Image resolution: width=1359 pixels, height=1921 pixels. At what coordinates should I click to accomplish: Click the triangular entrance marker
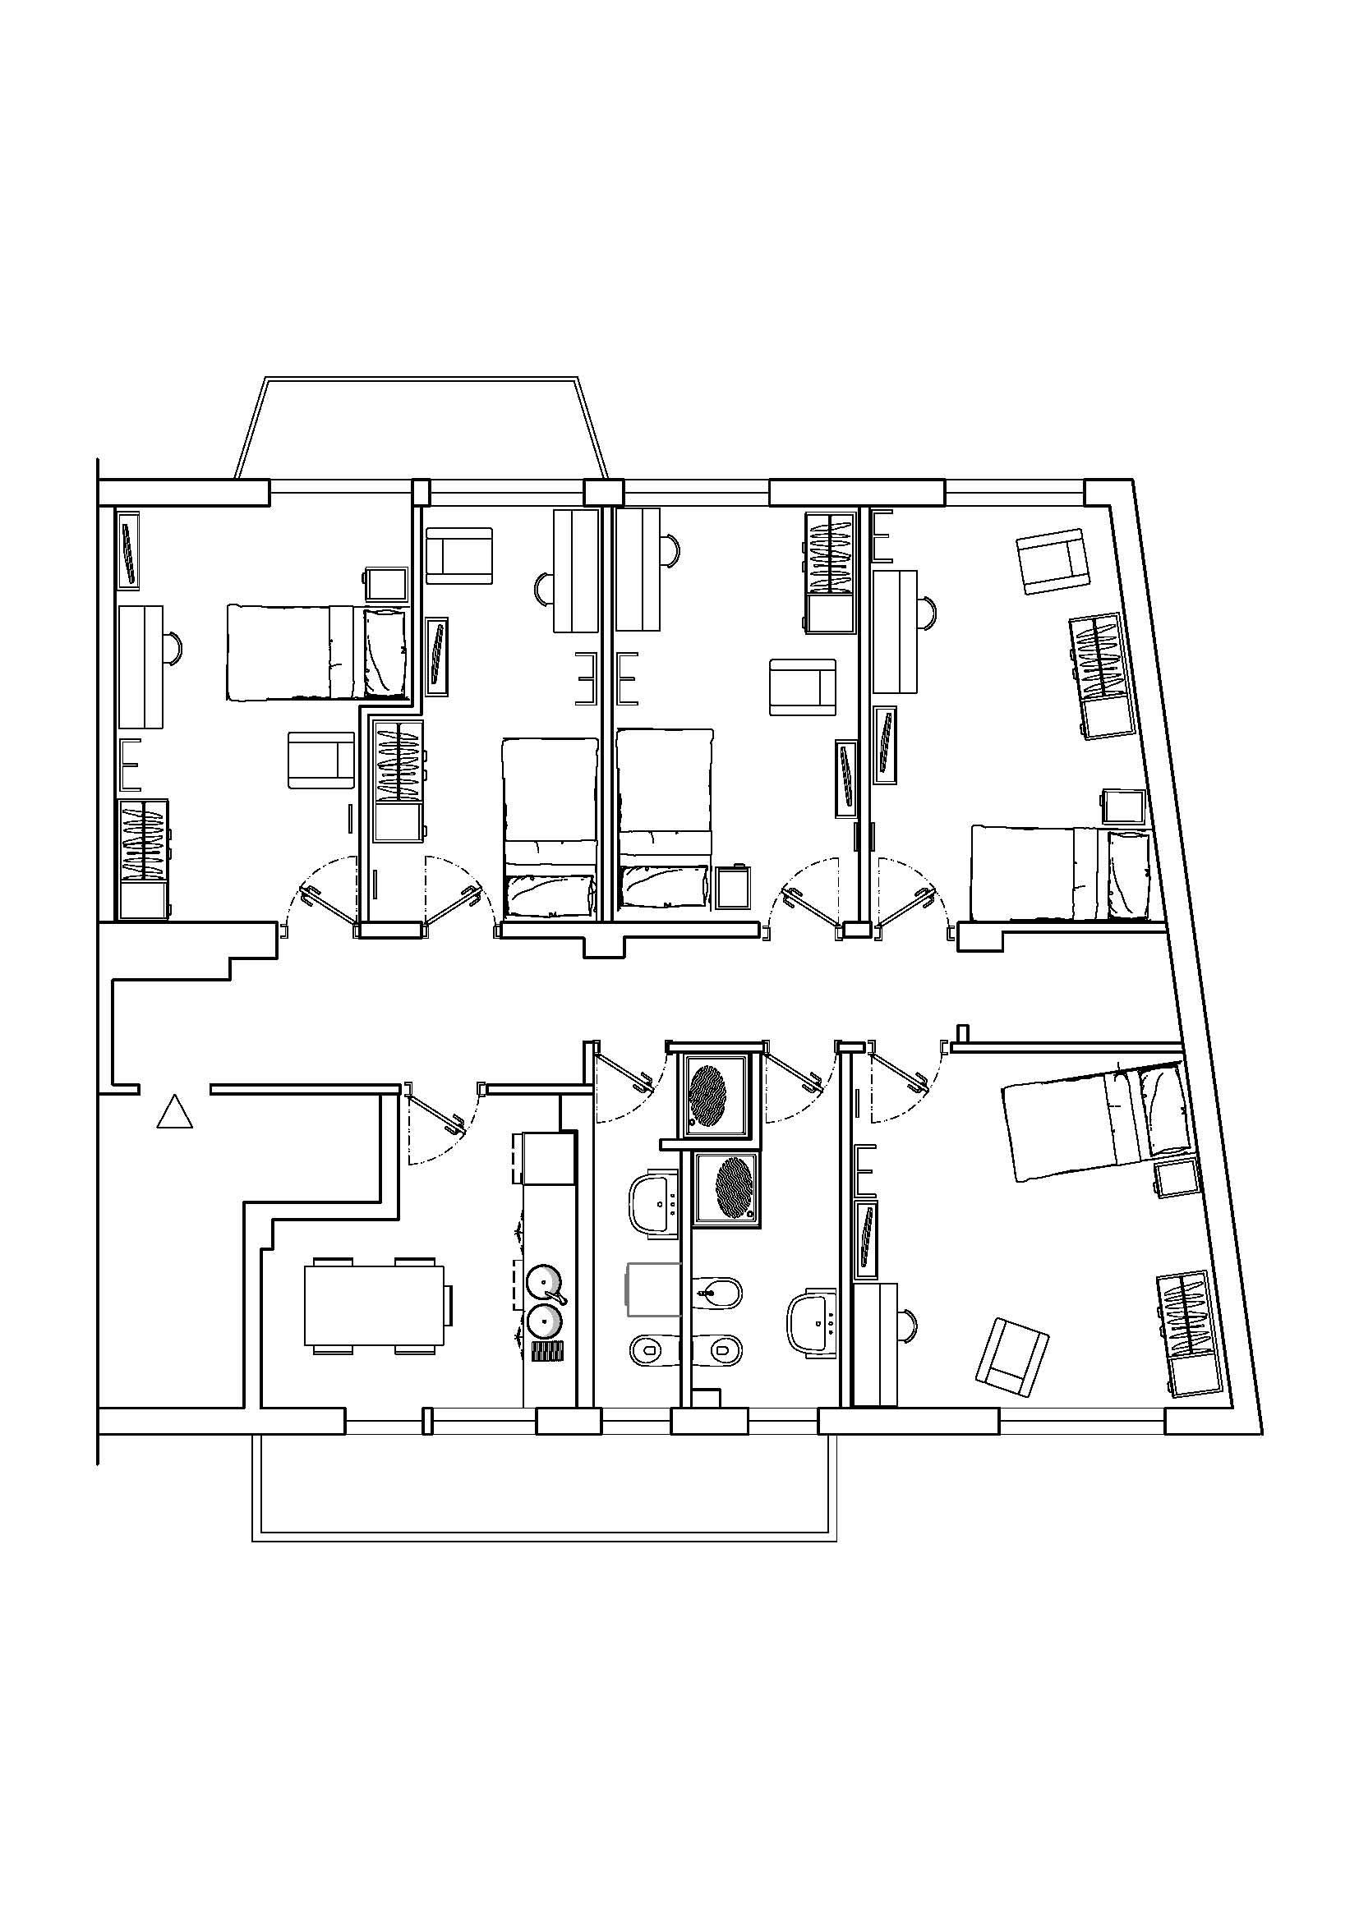pos(175,1112)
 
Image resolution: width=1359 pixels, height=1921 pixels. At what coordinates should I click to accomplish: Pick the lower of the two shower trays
pos(727,1189)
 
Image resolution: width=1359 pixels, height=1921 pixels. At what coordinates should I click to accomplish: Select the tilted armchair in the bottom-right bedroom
pos(1012,1355)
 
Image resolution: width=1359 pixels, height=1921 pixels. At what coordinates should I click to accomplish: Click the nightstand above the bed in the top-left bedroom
pos(387,584)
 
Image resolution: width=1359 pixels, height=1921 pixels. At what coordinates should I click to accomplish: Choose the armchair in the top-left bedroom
pos(321,760)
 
